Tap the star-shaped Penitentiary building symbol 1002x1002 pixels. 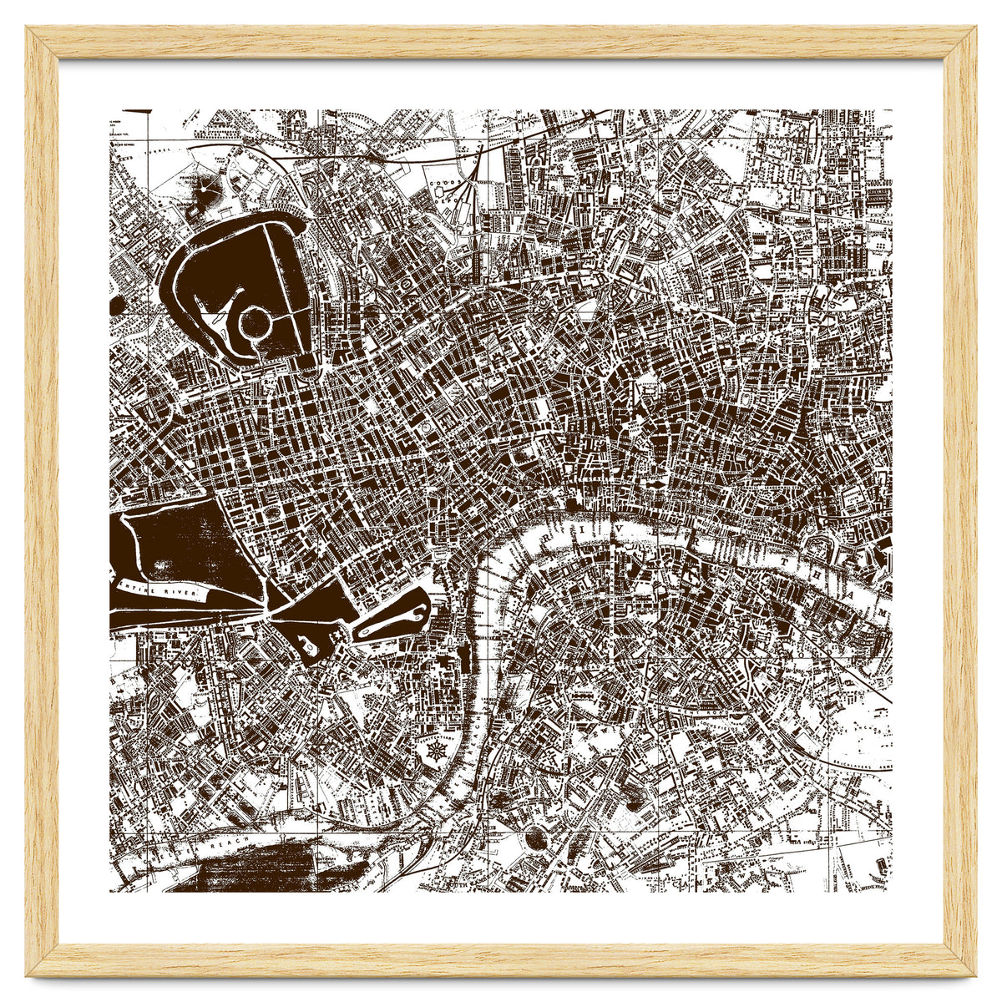(433, 751)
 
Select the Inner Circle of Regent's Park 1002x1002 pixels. (254, 321)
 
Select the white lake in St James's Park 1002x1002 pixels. (391, 617)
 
